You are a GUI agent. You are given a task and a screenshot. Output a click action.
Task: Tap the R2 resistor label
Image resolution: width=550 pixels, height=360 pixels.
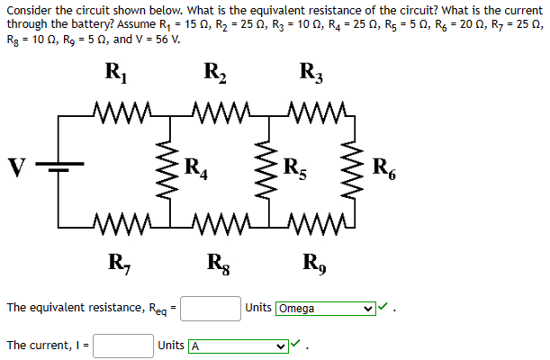click(215, 73)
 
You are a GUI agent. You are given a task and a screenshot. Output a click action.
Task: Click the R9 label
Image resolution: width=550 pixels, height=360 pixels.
click(312, 264)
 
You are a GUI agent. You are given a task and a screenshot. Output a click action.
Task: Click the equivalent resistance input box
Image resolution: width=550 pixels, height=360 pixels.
click(212, 309)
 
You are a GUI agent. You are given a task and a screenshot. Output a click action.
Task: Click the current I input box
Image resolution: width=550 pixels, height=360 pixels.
click(122, 346)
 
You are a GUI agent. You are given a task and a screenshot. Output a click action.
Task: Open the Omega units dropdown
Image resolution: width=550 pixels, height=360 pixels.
click(325, 309)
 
